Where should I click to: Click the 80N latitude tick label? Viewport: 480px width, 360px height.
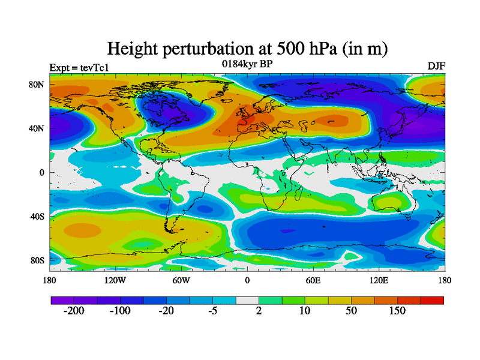(37, 85)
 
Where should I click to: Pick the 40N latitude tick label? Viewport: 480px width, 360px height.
(37, 128)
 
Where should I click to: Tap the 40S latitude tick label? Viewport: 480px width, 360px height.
(38, 217)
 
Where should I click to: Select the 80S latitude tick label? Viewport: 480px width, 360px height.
(38, 260)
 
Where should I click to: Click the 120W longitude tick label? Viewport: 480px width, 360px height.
(115, 280)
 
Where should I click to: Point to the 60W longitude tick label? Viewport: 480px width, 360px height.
(181, 280)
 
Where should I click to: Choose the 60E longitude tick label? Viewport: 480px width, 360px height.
(313, 280)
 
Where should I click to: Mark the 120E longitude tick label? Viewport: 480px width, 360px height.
(379, 280)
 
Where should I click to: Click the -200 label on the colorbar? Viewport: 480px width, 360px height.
(74, 311)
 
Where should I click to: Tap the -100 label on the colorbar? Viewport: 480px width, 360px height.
(120, 311)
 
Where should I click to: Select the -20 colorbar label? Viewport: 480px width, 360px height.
(167, 311)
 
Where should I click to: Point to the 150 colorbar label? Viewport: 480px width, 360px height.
(397, 311)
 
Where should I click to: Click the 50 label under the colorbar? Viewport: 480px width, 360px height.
(351, 311)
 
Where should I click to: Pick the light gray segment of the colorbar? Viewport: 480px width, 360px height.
(247, 300)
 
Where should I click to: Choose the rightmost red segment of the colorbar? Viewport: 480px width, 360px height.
(432, 300)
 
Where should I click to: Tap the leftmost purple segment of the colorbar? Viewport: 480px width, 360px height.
(62, 300)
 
